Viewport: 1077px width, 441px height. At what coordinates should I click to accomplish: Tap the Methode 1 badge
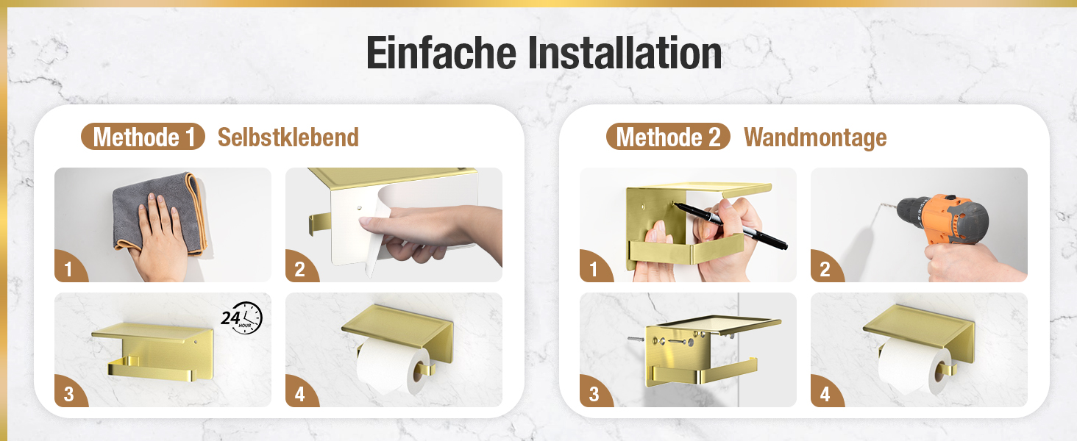[x=143, y=137]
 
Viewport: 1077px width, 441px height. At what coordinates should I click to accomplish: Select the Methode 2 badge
[x=668, y=137]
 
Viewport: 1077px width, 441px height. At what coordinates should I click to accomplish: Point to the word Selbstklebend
[x=288, y=137]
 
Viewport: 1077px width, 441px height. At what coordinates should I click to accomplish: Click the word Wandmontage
[x=815, y=138]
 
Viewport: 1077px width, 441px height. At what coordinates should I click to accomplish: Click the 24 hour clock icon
[x=242, y=318]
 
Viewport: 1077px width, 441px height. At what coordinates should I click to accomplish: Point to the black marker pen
[x=730, y=226]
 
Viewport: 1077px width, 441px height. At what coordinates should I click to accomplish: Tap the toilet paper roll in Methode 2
[x=914, y=366]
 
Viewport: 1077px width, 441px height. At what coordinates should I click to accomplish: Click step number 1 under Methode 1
[x=68, y=270]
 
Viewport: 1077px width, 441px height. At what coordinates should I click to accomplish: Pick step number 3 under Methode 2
[x=594, y=395]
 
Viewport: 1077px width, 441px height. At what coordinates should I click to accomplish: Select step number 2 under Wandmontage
[x=825, y=270]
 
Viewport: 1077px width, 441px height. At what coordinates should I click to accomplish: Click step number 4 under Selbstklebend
[x=299, y=395]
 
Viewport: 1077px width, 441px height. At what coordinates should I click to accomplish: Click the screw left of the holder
[x=636, y=339]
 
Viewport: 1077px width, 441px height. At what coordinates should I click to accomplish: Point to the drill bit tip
[x=881, y=205]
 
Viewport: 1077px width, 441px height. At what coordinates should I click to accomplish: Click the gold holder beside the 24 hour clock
[x=154, y=351]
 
